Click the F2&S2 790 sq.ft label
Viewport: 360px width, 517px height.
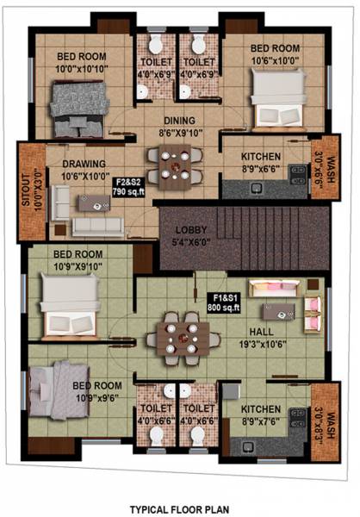coord(128,187)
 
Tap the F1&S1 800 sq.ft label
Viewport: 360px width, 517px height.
coord(224,303)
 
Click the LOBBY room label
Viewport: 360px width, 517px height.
coord(191,230)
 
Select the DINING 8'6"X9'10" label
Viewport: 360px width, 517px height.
coord(180,127)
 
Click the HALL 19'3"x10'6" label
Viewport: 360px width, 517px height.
coord(263,338)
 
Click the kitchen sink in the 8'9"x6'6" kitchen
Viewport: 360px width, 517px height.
coord(256,189)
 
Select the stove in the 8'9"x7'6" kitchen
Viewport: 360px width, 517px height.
coord(297,417)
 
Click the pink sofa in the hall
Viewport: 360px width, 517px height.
coord(275,288)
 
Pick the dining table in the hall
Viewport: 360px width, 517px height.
coord(183,339)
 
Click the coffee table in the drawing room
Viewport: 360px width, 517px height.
coord(94,203)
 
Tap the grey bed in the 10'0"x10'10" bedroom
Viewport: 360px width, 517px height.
coord(79,109)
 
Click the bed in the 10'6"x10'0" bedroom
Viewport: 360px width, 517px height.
coord(279,98)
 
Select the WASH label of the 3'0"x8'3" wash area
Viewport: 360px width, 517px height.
coord(330,426)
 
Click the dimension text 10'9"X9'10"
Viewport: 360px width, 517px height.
coord(78,266)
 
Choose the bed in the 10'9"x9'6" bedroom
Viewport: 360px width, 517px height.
coord(59,390)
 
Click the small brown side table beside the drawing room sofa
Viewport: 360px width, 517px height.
coord(60,230)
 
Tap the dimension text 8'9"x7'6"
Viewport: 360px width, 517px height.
coord(260,421)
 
